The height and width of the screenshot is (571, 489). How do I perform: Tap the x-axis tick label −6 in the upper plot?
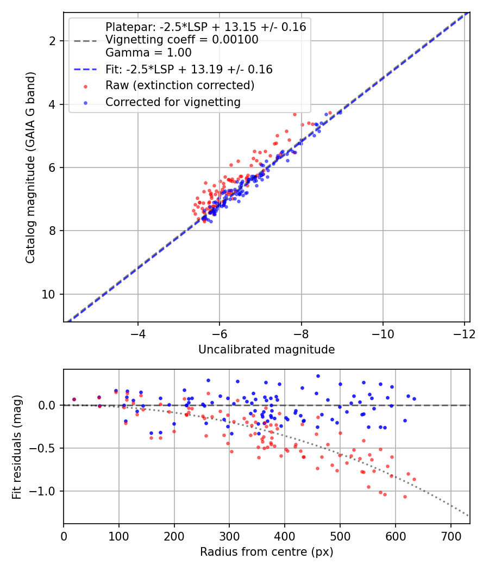tap(220, 333)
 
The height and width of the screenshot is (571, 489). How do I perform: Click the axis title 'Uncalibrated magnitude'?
tap(266, 349)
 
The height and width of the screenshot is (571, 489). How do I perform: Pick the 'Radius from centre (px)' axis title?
tap(266, 552)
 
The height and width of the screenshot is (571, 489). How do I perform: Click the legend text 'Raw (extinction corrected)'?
tap(180, 85)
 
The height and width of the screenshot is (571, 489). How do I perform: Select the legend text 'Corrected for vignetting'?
tap(173, 102)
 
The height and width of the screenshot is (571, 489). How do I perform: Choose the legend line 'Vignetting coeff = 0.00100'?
tap(182, 40)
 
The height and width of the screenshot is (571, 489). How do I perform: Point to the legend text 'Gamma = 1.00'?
tap(148, 53)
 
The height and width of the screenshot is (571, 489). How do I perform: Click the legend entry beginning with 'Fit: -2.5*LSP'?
tap(189, 70)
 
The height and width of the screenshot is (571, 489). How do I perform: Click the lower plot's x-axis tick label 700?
tap(450, 537)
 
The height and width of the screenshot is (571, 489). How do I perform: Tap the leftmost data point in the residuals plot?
tap(74, 399)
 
